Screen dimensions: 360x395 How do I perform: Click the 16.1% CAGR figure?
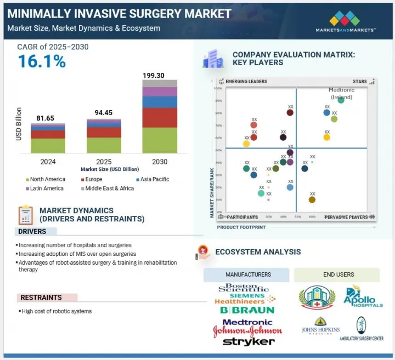42,61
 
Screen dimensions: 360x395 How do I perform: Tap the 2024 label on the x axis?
47,162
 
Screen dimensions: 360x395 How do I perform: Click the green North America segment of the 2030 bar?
160,140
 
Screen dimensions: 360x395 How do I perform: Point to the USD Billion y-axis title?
19,123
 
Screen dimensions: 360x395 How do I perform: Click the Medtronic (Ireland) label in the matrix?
341,93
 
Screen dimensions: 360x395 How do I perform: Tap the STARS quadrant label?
360,82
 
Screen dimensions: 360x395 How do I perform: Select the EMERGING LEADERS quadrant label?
246,82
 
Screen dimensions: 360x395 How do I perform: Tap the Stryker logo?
249,342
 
